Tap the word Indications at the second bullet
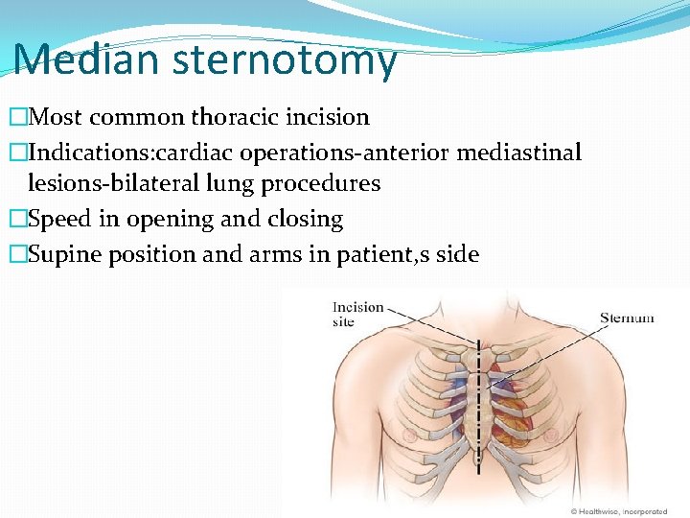tap(84, 153)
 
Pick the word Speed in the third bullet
tap(60, 219)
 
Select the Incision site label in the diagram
tap(357, 315)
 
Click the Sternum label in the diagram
tap(627, 318)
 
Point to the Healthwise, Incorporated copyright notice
tap(618, 511)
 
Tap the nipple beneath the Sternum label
tap(551, 436)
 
